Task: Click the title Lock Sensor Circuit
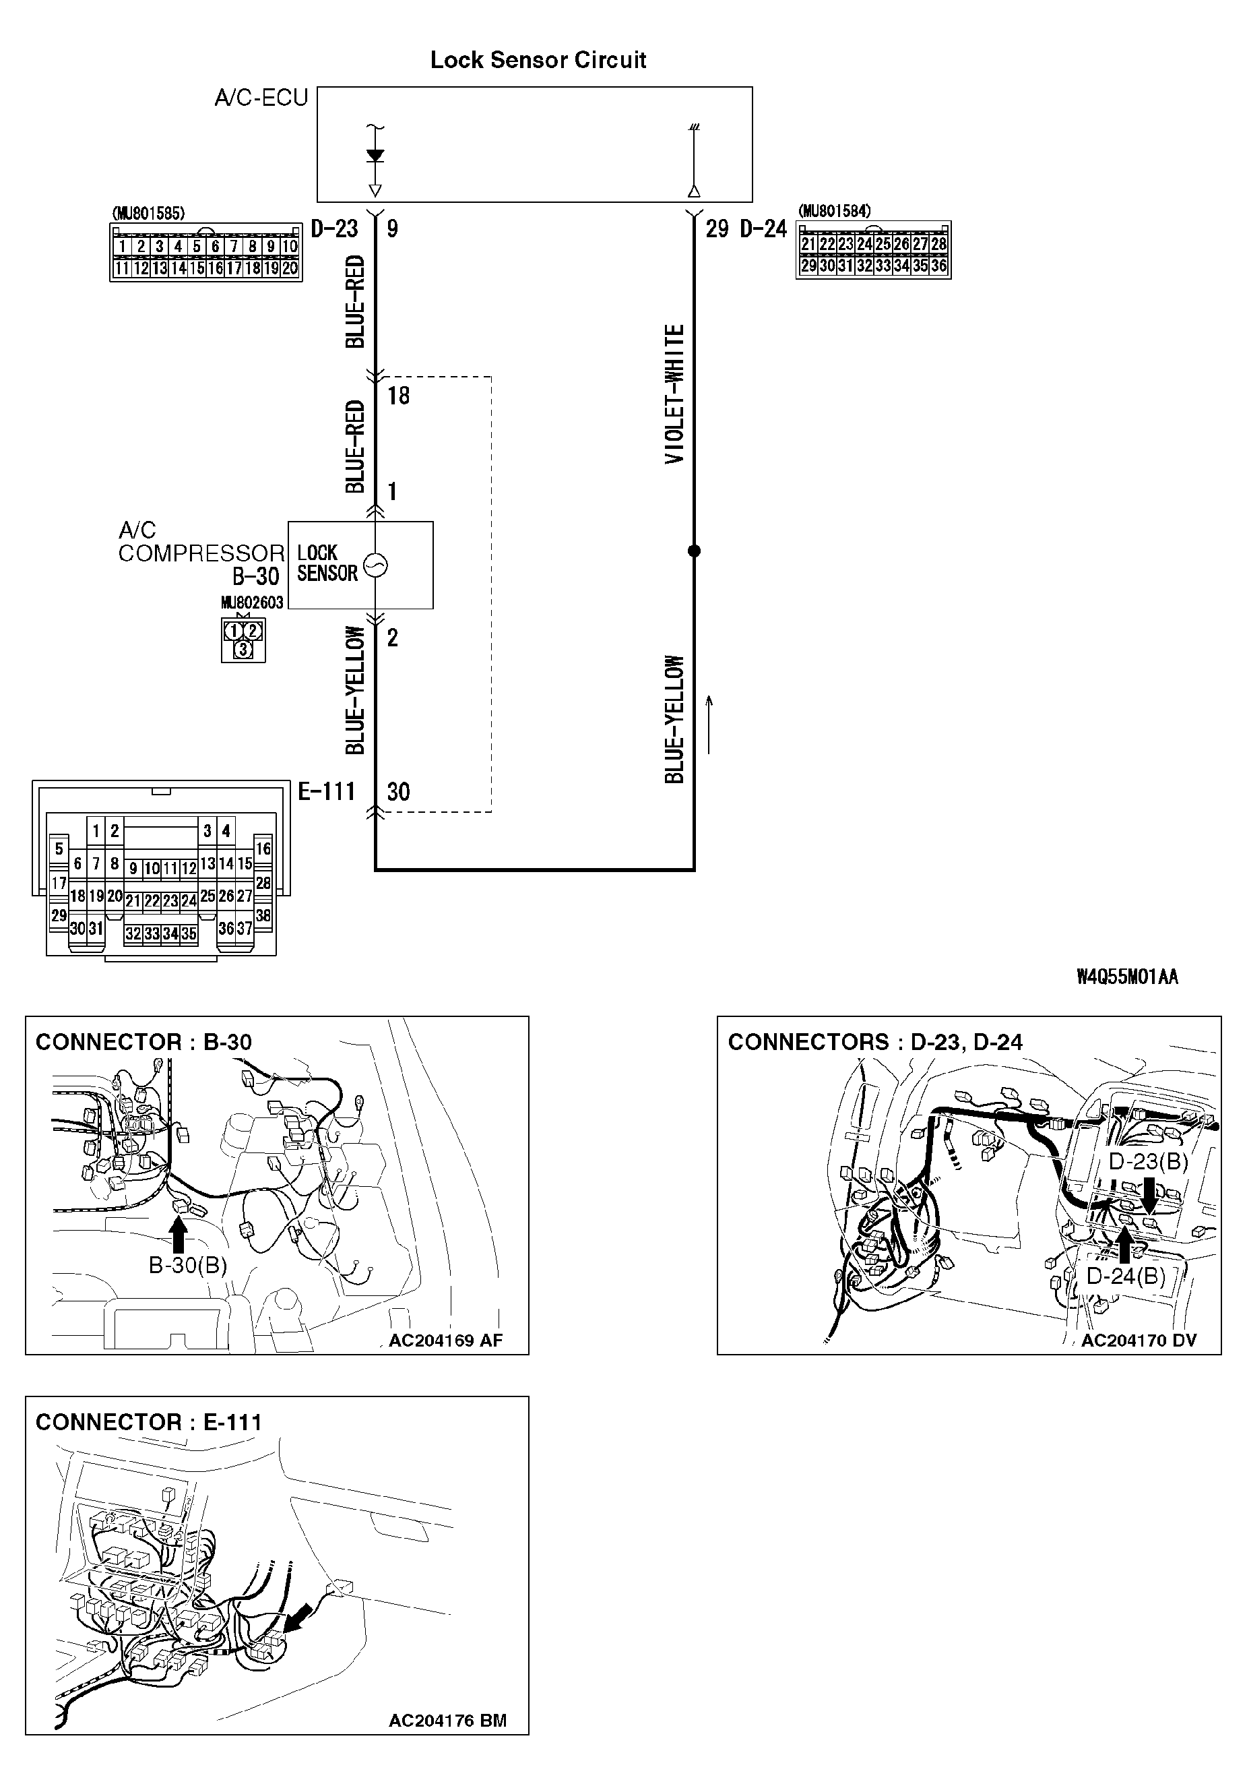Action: point(538,60)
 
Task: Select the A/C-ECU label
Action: point(261,98)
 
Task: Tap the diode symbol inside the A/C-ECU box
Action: point(375,156)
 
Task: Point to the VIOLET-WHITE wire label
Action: point(674,394)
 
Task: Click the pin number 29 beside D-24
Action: point(717,228)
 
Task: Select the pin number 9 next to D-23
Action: point(393,228)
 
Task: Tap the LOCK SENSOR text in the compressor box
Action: point(327,563)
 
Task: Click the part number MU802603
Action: point(252,603)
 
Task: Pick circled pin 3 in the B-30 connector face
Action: point(243,649)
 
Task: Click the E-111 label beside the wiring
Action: point(327,792)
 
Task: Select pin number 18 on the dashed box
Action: point(398,396)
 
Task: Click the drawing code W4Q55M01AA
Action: point(1126,977)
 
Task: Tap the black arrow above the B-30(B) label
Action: point(179,1234)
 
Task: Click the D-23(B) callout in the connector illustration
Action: point(1148,1161)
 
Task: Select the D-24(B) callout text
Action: point(1125,1276)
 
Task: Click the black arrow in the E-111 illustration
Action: point(298,1618)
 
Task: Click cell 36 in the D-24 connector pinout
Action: point(938,266)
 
